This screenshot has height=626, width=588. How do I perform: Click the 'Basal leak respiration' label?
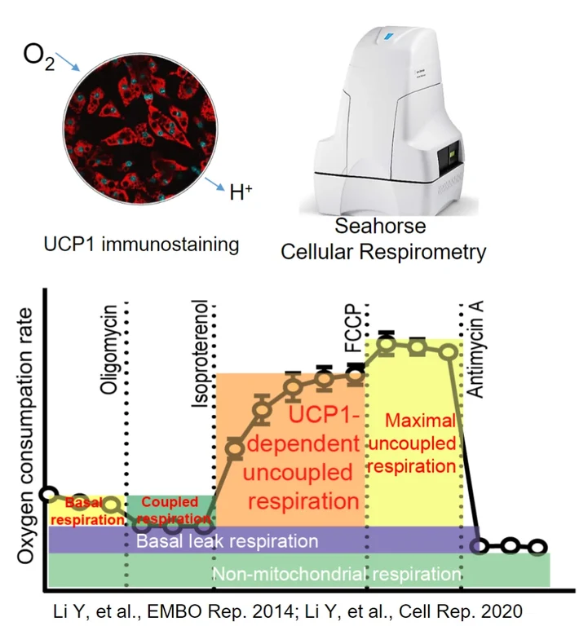coord(227,540)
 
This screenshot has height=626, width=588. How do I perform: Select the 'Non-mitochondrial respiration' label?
coord(335,572)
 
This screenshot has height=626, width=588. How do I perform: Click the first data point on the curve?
coord(49,494)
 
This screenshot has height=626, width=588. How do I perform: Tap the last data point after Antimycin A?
coord(537,546)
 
